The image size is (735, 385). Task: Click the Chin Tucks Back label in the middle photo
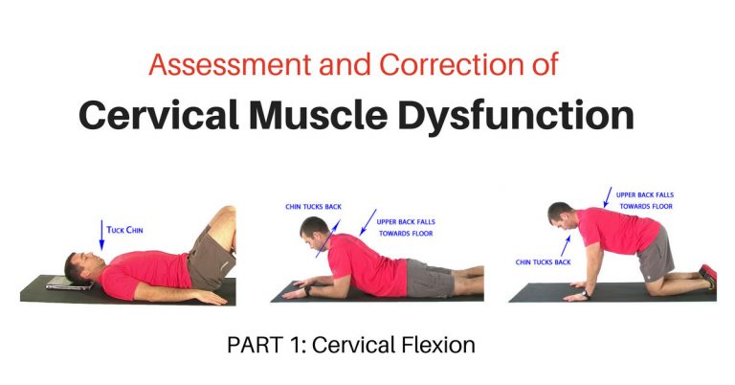[x=313, y=206]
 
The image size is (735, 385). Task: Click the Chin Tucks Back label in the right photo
[x=543, y=261]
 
